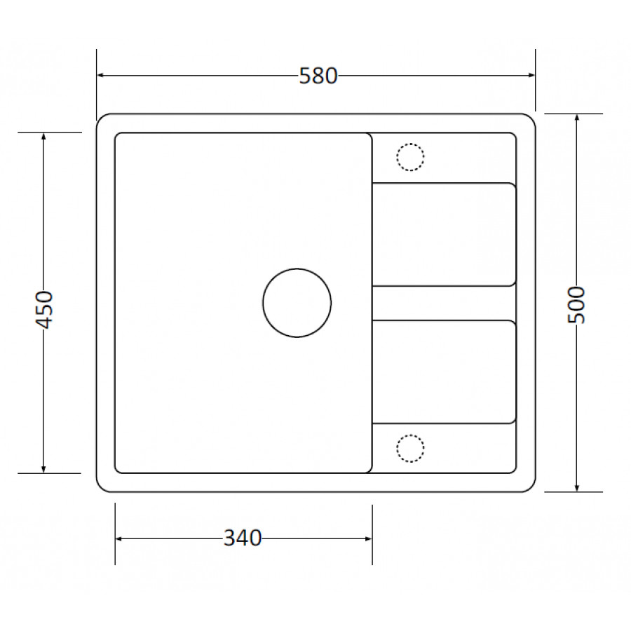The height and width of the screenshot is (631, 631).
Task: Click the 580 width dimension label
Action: click(x=318, y=76)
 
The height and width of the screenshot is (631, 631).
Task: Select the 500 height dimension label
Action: click(x=576, y=305)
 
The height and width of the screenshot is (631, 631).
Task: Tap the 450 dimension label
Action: click(x=44, y=310)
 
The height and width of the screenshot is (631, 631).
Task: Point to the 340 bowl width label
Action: click(x=243, y=538)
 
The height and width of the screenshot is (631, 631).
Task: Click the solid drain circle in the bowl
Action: click(x=297, y=269)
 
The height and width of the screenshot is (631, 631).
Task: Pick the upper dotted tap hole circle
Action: click(x=410, y=143)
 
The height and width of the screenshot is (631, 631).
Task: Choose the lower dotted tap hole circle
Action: click(x=410, y=435)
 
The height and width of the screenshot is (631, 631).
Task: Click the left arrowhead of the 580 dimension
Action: click(x=101, y=75)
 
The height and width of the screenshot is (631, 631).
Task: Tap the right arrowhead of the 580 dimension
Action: click(x=531, y=75)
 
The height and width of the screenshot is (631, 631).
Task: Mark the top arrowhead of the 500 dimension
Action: click(x=577, y=118)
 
